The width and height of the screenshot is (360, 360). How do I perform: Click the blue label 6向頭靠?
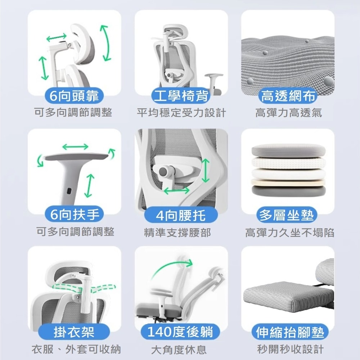[74, 96]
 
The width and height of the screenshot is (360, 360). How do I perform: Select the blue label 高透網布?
[288, 96]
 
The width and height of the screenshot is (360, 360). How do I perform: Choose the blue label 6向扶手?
[74, 215]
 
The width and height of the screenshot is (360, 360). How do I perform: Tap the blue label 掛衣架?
[74, 332]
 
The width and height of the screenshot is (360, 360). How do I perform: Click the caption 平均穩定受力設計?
[181, 113]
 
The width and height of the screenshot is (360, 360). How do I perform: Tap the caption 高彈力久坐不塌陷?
[289, 232]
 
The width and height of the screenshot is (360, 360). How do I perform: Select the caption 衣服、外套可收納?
[76, 349]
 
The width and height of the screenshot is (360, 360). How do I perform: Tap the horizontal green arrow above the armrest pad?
[75, 146]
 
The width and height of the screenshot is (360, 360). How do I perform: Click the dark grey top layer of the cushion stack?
[288, 150]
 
